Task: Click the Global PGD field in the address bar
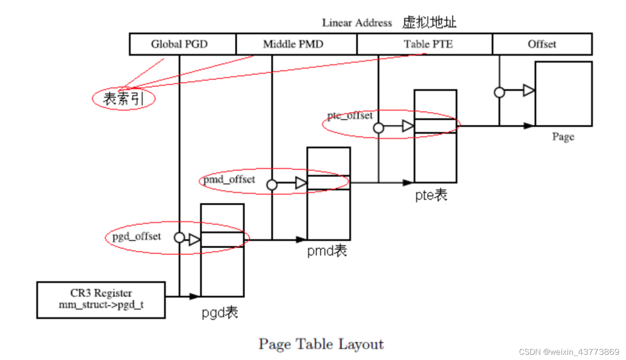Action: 179,44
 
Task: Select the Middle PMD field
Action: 293,44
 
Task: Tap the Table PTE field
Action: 428,44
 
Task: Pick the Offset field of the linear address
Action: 542,44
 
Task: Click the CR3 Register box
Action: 101,299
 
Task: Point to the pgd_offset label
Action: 136,237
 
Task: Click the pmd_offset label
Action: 229,179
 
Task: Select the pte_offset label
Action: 350,116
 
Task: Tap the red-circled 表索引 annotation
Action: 123,99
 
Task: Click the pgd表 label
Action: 220,313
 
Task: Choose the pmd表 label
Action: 327,251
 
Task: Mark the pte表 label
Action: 431,195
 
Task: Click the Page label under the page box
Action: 563,137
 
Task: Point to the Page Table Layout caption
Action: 321,344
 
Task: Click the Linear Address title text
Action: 357,23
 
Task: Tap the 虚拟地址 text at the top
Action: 429,23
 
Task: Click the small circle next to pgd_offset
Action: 179,237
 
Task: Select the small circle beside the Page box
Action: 500,92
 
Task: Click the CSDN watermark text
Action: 569,351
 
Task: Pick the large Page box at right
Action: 563,94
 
